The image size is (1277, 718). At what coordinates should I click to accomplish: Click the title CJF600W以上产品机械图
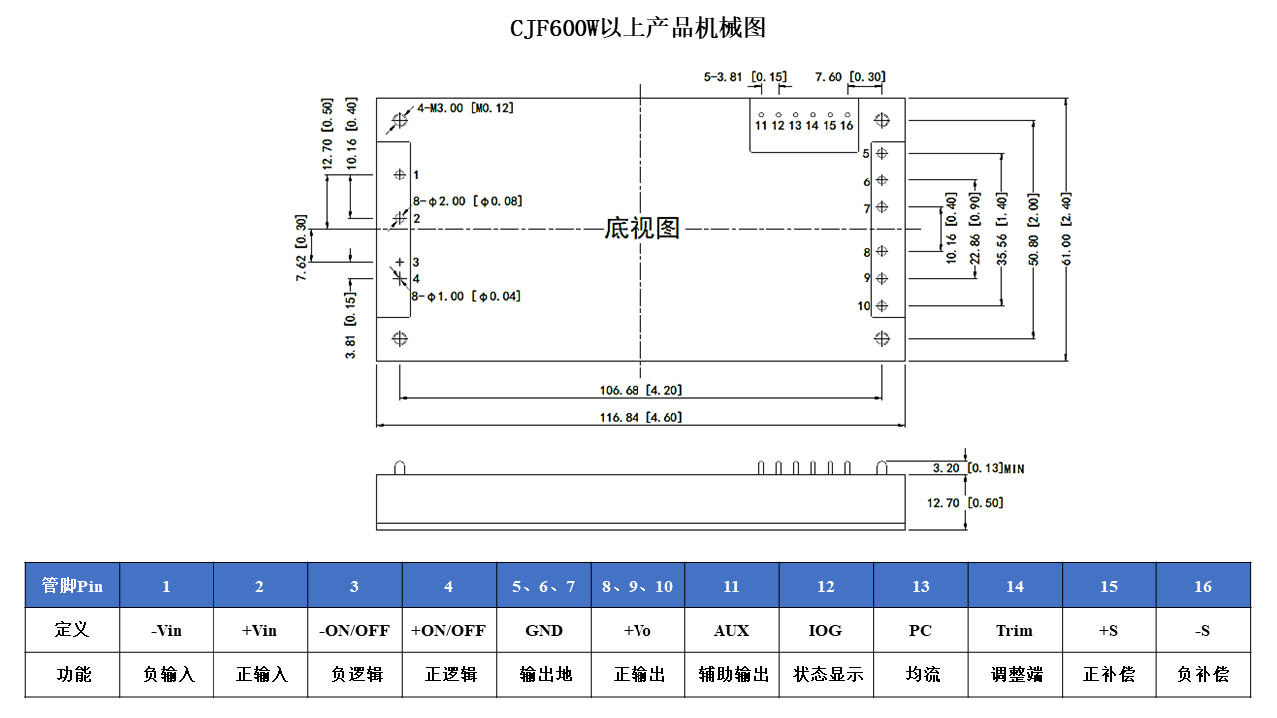pyautogui.click(x=638, y=28)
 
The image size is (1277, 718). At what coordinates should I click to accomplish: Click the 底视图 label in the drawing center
pyautogui.click(x=641, y=229)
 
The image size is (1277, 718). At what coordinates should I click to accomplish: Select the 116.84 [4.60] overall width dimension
pyautogui.click(x=640, y=417)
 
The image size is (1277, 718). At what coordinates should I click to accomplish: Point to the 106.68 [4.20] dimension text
pyautogui.click(x=640, y=390)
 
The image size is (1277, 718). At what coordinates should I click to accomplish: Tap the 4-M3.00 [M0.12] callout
pyautogui.click(x=465, y=108)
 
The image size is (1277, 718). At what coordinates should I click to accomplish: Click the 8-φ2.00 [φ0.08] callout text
pyautogui.click(x=467, y=201)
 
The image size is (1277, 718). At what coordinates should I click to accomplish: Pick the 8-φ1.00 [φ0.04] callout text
pyautogui.click(x=466, y=296)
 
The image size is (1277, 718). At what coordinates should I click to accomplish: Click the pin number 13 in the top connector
pyautogui.click(x=795, y=126)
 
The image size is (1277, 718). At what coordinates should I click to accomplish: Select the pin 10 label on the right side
pyautogui.click(x=863, y=306)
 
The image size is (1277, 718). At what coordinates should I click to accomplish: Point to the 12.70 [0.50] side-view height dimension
pyautogui.click(x=964, y=502)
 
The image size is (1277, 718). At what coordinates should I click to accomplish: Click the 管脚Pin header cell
pyautogui.click(x=72, y=586)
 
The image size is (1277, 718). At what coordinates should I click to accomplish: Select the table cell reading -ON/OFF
pyautogui.click(x=354, y=630)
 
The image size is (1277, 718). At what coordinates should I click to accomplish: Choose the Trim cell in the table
pyautogui.click(x=1014, y=630)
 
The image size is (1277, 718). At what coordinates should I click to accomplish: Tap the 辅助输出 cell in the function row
pyautogui.click(x=731, y=674)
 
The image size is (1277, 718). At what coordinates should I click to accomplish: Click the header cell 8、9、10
pyautogui.click(x=637, y=586)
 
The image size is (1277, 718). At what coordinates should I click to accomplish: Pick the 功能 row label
pyautogui.click(x=72, y=674)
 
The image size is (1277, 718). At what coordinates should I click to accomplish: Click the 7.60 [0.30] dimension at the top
pyautogui.click(x=849, y=77)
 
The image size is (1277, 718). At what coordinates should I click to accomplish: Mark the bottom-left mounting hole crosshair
pyautogui.click(x=400, y=339)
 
